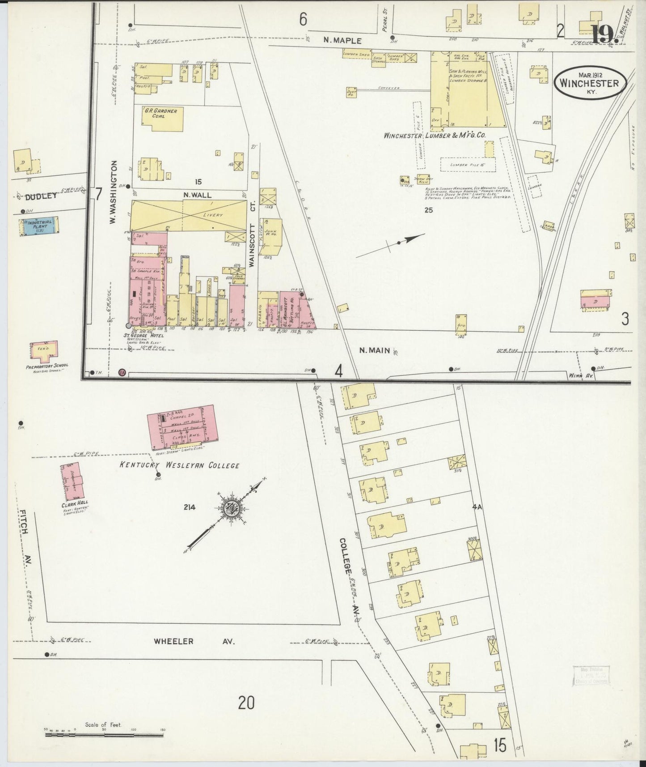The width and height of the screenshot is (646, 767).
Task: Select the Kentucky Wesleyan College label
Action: coord(179,465)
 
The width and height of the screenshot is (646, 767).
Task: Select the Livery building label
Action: coord(213,215)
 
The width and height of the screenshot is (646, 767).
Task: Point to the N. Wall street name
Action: coord(198,195)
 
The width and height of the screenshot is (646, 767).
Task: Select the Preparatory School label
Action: coord(47,365)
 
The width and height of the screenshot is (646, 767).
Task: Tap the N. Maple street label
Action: coord(342,40)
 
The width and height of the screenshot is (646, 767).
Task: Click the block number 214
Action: coord(190,507)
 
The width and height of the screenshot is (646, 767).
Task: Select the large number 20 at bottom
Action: coord(246,703)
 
